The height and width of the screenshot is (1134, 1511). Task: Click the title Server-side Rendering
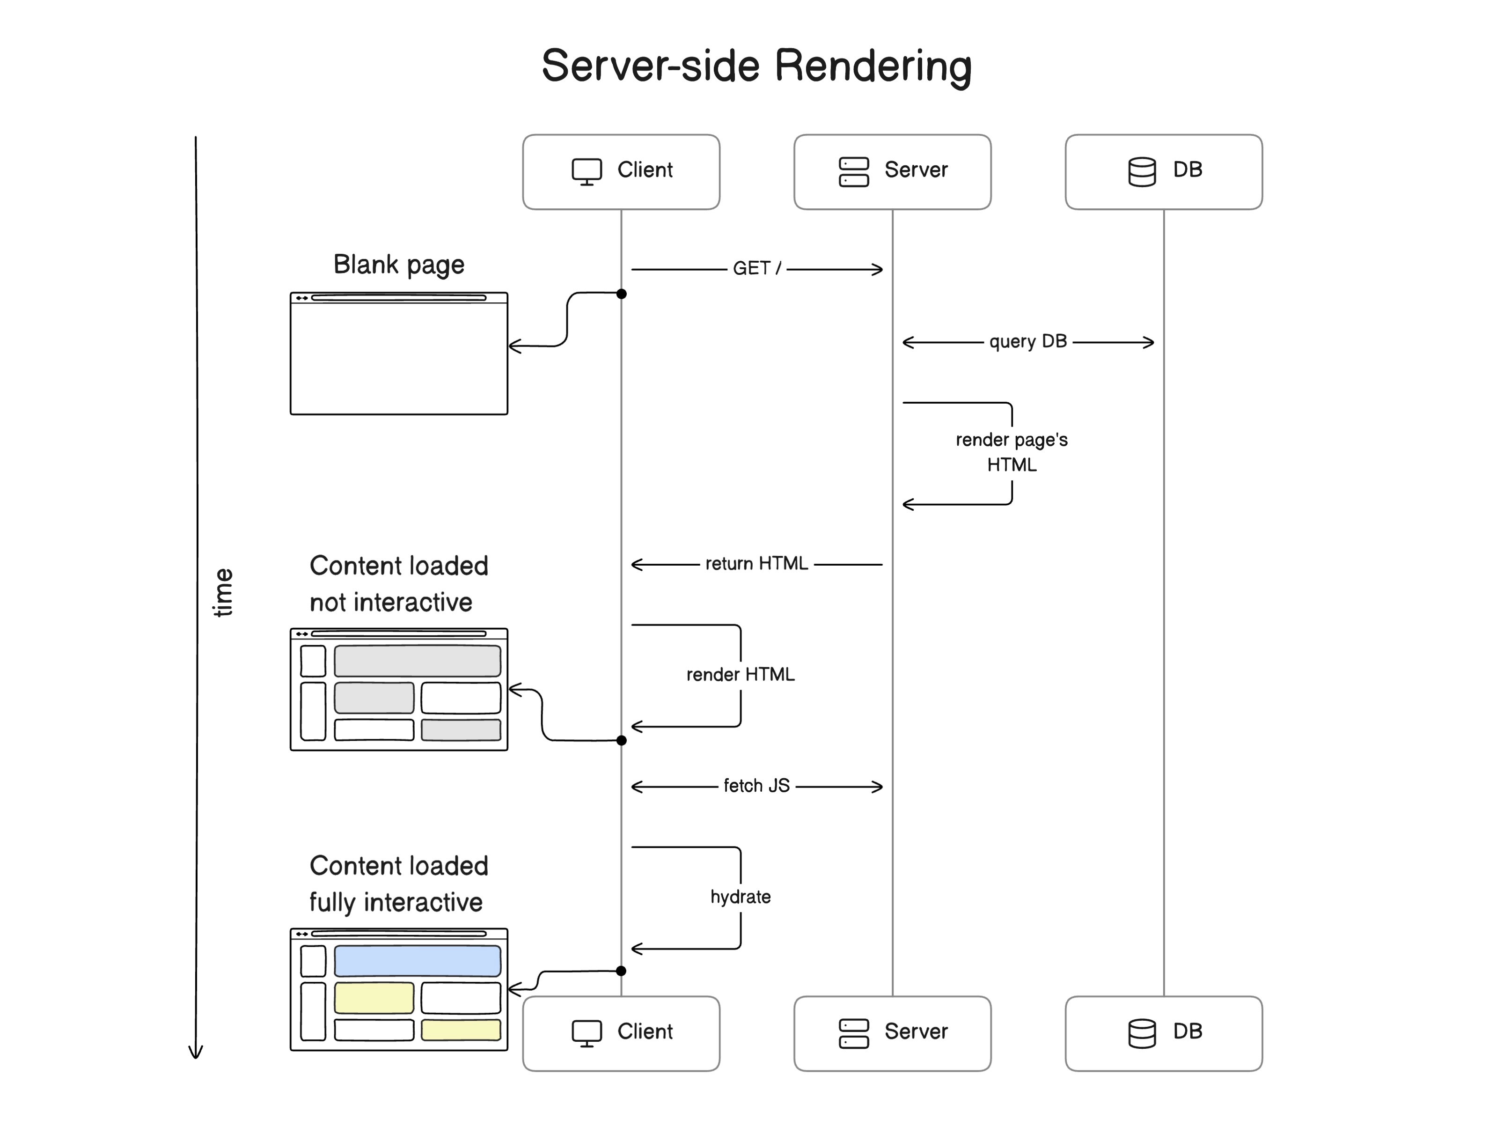(756, 66)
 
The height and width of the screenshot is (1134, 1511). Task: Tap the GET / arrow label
(756, 268)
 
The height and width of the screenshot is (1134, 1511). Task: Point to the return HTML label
(756, 564)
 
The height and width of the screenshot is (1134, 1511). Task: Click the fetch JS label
(756, 786)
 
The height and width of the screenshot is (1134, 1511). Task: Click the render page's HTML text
(1011, 451)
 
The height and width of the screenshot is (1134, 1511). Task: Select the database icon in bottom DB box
(1142, 1033)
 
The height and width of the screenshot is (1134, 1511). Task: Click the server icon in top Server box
(853, 171)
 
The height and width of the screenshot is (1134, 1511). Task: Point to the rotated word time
(223, 592)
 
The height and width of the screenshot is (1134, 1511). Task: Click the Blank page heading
(398, 265)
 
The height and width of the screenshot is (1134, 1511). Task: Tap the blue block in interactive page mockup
(417, 960)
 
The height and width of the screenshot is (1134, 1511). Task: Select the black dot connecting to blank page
(621, 294)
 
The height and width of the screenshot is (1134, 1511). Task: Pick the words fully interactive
(396, 902)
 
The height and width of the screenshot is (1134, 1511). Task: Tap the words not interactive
(391, 602)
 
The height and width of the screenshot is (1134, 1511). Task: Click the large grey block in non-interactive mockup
(417, 661)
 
